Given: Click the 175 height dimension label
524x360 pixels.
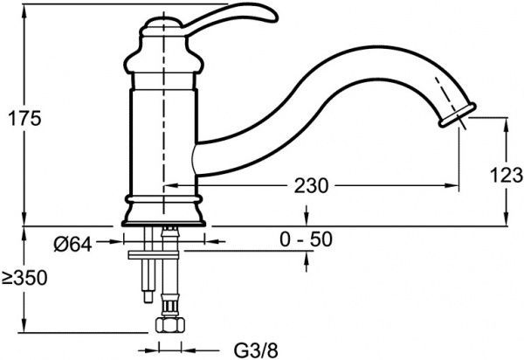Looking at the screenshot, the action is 24,118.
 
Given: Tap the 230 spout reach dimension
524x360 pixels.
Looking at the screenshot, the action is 311,186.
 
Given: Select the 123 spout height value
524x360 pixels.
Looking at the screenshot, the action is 507,175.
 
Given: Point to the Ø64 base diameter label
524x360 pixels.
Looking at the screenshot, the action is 72,245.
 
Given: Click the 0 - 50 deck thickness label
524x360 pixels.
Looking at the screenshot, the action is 307,239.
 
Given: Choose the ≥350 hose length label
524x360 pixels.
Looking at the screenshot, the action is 24,278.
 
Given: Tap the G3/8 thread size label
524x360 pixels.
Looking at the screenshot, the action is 256,350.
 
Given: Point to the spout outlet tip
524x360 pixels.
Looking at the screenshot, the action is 458,115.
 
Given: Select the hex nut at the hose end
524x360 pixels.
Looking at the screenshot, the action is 170,324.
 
